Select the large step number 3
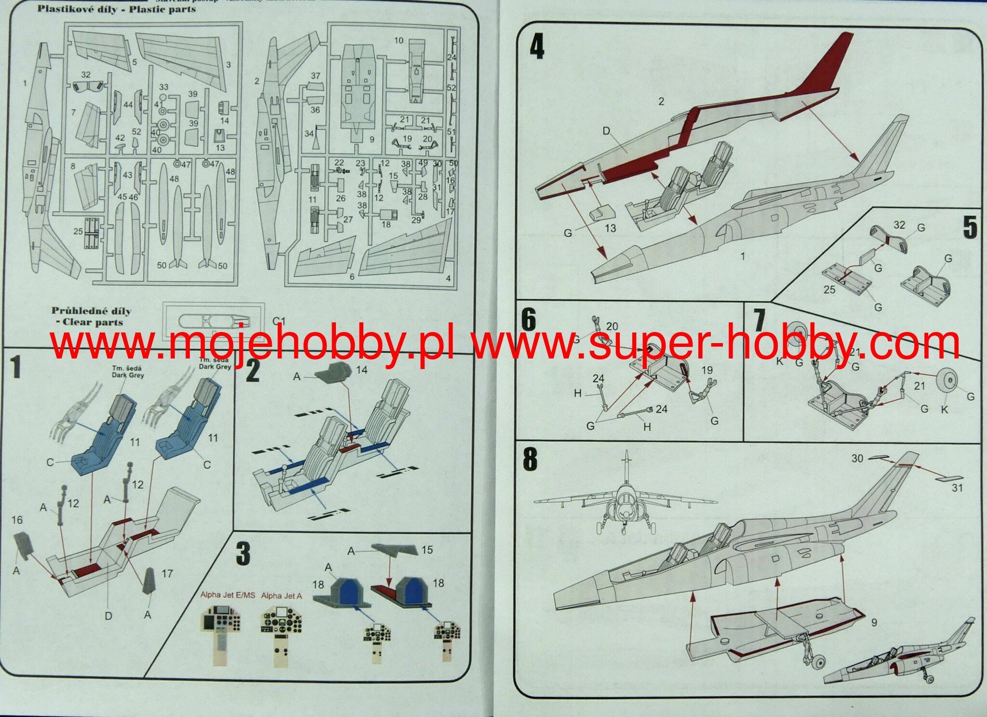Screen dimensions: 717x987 coord(243,554)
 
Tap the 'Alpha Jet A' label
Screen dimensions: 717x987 coord(281,596)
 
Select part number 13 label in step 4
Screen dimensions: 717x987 coord(610,228)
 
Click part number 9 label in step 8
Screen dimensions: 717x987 coord(874,622)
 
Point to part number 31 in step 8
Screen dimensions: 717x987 coord(957,488)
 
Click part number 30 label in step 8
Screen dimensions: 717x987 coord(857,458)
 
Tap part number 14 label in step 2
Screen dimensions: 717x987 coord(361,370)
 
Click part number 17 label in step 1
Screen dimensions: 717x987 coord(167,573)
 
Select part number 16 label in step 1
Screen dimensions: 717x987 coord(17,520)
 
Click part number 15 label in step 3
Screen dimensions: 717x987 coord(427,550)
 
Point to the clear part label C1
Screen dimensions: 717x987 coord(279,321)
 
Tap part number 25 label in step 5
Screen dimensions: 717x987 coord(829,290)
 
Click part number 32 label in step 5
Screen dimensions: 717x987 coord(899,225)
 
